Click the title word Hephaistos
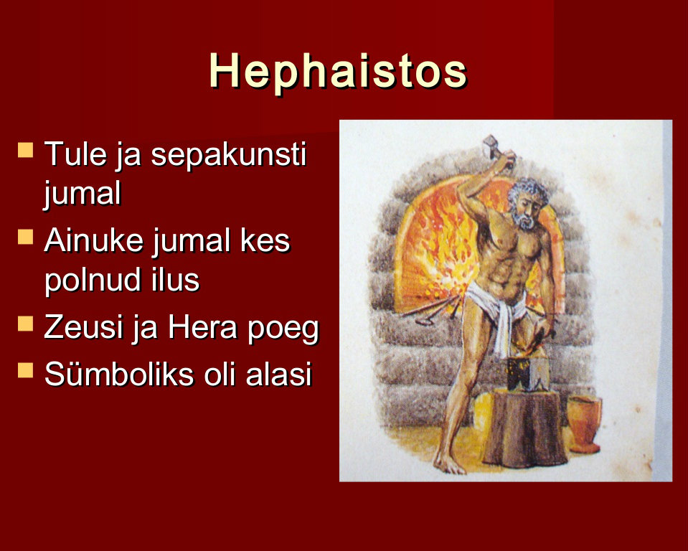point(338,72)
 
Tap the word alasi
point(278,374)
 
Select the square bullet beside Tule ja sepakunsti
point(25,150)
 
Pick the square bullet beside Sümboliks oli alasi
point(25,369)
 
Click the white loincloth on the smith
point(497,311)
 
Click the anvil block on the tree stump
point(527,374)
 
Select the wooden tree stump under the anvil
point(524,428)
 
